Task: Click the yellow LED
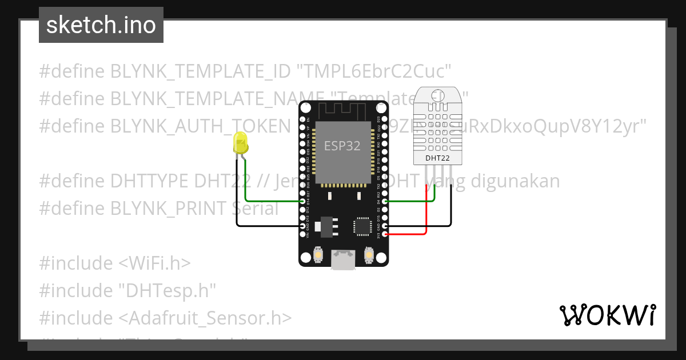[x=241, y=143]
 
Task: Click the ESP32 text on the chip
[x=342, y=145]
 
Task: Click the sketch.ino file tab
[x=101, y=25]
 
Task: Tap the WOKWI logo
[x=607, y=315]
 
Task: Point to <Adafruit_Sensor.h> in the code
[x=205, y=318]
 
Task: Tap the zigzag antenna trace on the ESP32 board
[x=344, y=109]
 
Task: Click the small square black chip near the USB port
[x=362, y=226]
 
